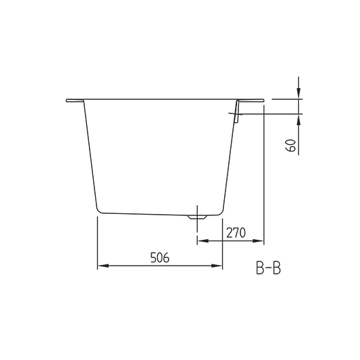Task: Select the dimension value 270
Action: [x=234, y=232]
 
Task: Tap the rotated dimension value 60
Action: [x=291, y=144]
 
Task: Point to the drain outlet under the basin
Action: [x=197, y=217]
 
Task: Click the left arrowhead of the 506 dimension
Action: [x=102, y=266]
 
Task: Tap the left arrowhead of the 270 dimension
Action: [x=200, y=240]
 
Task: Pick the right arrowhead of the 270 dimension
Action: [x=259, y=240]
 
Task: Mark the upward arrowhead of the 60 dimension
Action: [x=298, y=119]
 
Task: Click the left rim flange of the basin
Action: [x=74, y=101]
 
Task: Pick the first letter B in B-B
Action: [x=260, y=269]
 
